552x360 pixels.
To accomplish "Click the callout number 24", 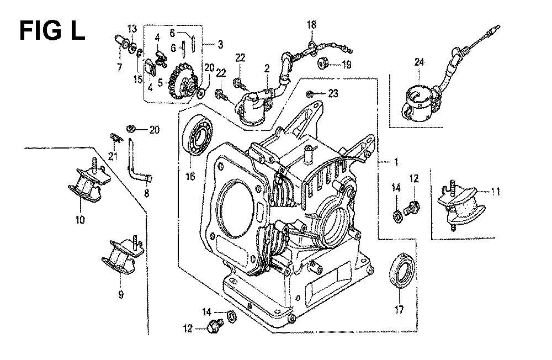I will pyautogui.click(x=420, y=62).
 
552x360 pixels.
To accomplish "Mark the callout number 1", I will pyautogui.click(x=396, y=162).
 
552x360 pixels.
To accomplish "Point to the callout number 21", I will pyautogui.click(x=113, y=157).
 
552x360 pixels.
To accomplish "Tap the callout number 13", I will pyautogui.click(x=132, y=28).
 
